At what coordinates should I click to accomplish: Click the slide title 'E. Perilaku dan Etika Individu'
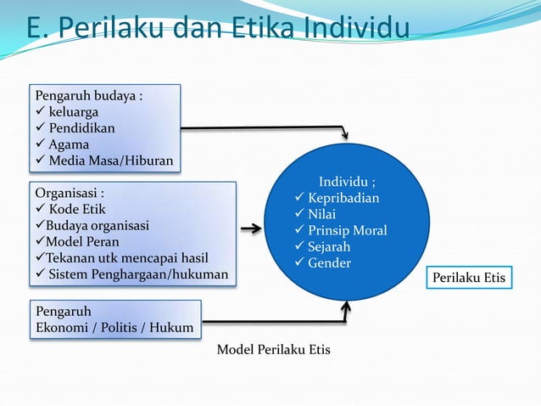(217, 27)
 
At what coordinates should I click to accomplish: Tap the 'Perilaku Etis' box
(469, 278)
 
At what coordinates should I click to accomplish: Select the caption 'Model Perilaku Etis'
(274, 350)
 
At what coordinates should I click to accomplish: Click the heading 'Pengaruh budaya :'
(86, 94)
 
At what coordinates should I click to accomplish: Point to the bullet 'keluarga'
(73, 111)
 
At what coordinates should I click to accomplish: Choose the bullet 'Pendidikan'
(81, 128)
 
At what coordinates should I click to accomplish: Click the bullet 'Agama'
(68, 144)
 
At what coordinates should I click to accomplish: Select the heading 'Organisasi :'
(70, 193)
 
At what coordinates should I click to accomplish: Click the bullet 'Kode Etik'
(77, 209)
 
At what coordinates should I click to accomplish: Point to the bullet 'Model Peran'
(82, 241)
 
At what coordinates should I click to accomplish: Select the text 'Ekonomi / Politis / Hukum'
(114, 328)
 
